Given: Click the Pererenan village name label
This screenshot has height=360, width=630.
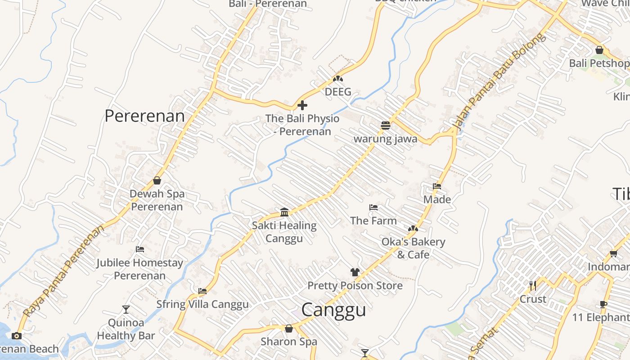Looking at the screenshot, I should click(144, 116).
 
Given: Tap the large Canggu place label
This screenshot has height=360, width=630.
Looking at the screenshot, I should click(333, 310).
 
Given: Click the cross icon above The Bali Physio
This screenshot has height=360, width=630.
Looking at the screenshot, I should click(302, 105).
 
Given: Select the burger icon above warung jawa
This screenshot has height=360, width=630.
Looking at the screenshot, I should click(385, 126).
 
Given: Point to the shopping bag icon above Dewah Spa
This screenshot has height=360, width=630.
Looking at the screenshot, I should click(157, 180).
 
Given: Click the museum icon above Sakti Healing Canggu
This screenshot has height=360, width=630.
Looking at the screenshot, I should click(284, 212).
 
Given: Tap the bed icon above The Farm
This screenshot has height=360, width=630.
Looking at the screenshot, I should click(373, 207).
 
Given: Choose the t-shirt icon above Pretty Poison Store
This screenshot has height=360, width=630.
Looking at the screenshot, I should click(355, 272).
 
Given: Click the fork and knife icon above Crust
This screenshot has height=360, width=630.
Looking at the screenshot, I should click(533, 286).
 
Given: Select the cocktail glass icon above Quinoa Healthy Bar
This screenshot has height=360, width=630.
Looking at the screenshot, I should click(126, 309).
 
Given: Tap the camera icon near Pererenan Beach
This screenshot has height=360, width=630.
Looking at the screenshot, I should click(17, 336).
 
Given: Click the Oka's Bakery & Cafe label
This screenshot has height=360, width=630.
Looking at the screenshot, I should click(413, 248).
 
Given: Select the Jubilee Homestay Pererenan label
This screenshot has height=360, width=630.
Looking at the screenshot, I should click(139, 269).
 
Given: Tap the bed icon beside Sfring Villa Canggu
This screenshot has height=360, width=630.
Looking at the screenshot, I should click(202, 291).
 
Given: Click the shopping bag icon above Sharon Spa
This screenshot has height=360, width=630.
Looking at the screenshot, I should click(289, 328).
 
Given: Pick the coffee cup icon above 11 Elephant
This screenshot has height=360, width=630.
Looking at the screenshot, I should click(603, 305).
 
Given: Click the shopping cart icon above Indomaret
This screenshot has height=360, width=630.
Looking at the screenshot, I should click(613, 254).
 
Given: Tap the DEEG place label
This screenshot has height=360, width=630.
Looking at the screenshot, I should click(337, 92).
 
